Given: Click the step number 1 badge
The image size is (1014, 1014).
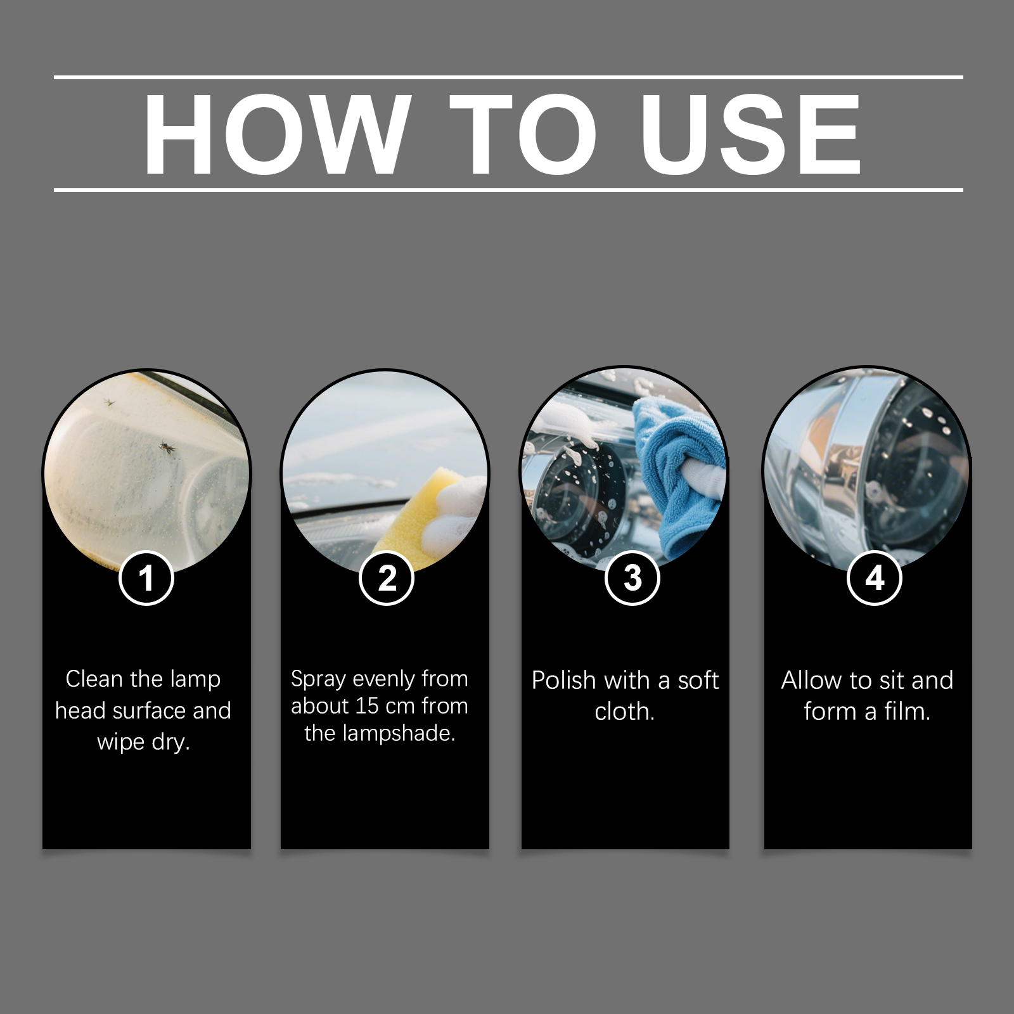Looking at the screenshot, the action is pyautogui.click(x=146, y=578).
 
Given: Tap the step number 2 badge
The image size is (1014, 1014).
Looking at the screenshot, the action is pyautogui.click(x=387, y=578).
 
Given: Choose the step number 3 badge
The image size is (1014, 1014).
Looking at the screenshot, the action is pyautogui.click(x=632, y=578).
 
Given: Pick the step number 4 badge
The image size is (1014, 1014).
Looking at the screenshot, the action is pyautogui.click(x=875, y=578).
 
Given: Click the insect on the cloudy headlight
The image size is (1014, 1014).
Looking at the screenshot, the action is pyautogui.click(x=167, y=448).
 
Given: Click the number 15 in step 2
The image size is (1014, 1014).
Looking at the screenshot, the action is pyautogui.click(x=367, y=706).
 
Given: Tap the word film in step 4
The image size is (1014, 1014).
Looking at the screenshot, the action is pyautogui.click(x=908, y=711).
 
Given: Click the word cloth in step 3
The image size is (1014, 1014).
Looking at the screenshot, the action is pyautogui.click(x=624, y=711).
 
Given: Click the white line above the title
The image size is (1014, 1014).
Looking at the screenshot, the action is pyautogui.click(x=508, y=77).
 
